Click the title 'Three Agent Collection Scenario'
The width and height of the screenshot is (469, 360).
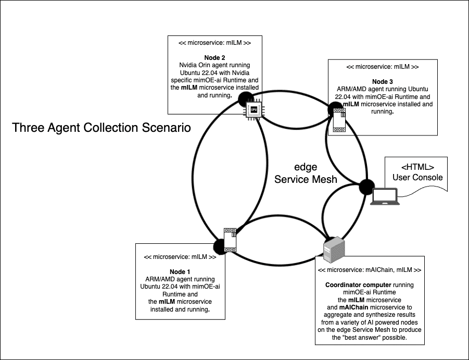[102, 128]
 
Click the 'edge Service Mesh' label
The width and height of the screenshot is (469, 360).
[305, 173]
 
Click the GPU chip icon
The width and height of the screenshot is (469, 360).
[253, 110]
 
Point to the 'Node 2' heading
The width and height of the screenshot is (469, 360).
[214, 57]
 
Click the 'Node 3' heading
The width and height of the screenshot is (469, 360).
[382, 82]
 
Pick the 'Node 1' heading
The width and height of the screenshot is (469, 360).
[180, 272]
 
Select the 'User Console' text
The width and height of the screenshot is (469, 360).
[417, 177]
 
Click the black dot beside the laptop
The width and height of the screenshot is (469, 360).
[367, 186]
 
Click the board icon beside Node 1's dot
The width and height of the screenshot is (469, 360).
[231, 240]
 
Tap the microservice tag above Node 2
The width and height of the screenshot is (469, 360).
[214, 43]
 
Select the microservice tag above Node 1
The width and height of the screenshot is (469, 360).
[180, 257]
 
